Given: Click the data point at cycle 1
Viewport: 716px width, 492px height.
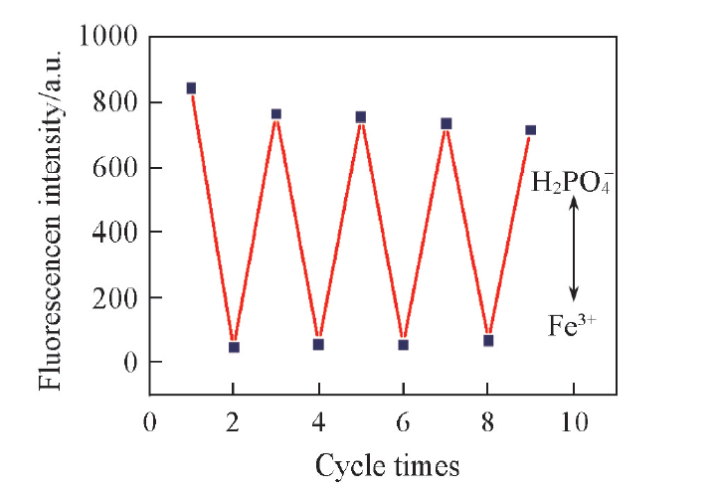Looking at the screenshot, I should pyautogui.click(x=191, y=88).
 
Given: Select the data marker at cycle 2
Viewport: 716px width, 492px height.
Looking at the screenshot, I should pyautogui.click(x=234, y=347).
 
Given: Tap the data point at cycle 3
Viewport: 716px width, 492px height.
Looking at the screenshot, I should pyautogui.click(x=276, y=114).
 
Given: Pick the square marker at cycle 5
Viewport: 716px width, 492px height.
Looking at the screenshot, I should pyautogui.click(x=361, y=117).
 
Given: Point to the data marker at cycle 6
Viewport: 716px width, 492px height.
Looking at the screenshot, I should pyautogui.click(x=403, y=345).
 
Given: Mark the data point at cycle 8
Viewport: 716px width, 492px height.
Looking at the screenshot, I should pyautogui.click(x=488, y=341).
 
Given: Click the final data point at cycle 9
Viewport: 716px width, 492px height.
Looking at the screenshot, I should pyautogui.click(x=530, y=130).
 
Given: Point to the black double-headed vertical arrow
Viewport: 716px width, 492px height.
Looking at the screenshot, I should pyautogui.click(x=573, y=248).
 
